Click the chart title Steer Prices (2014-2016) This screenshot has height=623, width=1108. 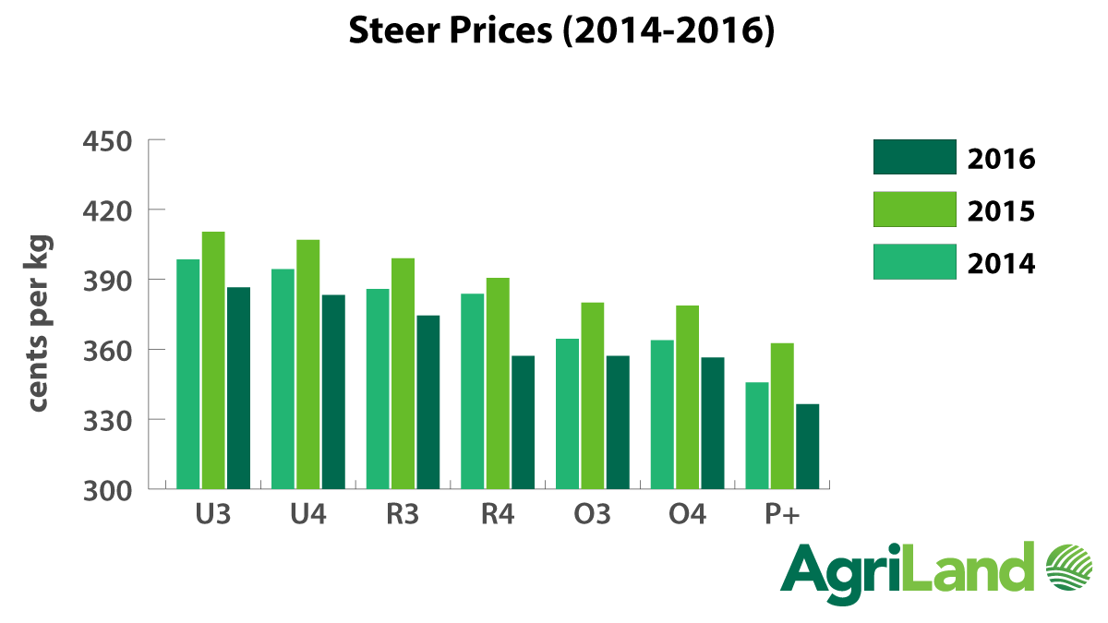tap(560, 30)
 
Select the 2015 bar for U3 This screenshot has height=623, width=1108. tap(213, 360)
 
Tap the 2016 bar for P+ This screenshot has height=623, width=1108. tap(807, 447)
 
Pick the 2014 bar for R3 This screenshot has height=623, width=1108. tap(378, 389)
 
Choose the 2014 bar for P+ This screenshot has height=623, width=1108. tap(757, 435)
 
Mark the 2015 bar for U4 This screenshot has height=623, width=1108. tap(308, 364)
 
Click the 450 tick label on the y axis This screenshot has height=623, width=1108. tap(108, 141)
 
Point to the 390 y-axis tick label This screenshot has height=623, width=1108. tap(108, 281)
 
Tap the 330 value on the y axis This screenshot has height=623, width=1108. tap(108, 420)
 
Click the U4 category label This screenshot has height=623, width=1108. tap(308, 514)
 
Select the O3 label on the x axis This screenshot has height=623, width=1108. tap(593, 514)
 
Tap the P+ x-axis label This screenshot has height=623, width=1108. tap(782, 514)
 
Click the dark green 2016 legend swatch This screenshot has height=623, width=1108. tap(914, 157)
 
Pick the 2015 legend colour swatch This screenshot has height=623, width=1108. tap(914, 210)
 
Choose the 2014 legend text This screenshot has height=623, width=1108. tap(1002, 264)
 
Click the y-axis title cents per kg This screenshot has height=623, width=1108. tap(39, 325)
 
